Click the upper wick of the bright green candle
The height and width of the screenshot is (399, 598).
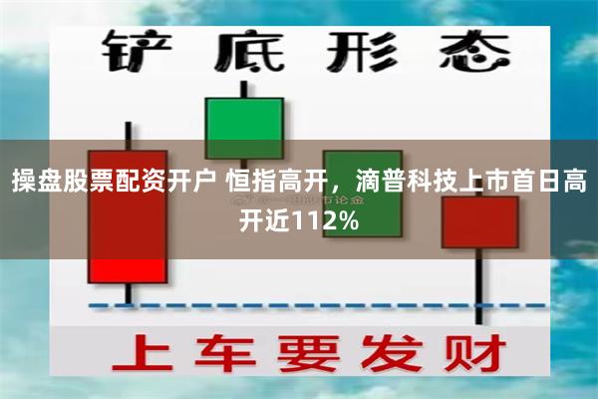[x=244, y=88]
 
